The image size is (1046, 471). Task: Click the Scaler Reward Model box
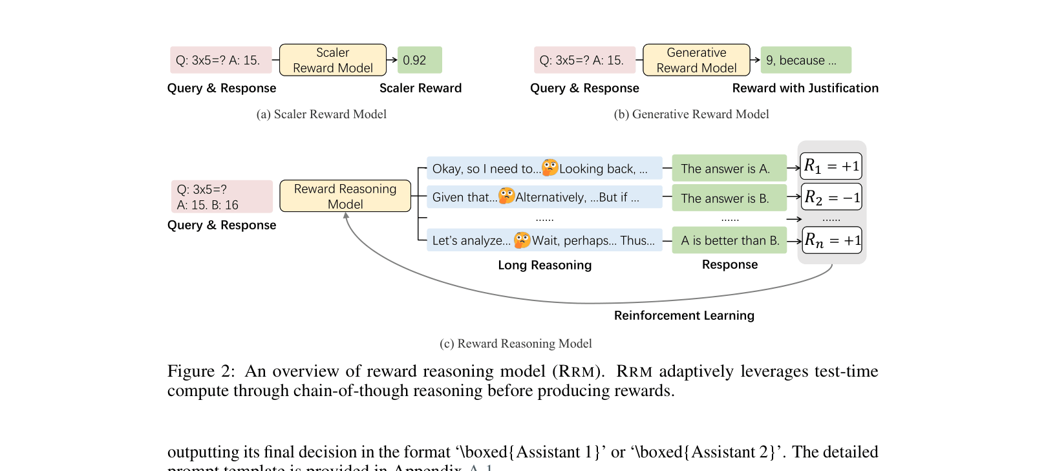[x=332, y=60]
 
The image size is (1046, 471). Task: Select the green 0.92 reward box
[x=420, y=60]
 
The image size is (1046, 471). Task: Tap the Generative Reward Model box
[x=696, y=60]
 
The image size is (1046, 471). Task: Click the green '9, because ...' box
[x=806, y=60]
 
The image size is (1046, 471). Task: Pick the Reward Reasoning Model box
[x=345, y=196]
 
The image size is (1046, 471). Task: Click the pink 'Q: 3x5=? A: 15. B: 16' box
[x=221, y=196]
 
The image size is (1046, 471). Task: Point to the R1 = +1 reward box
[x=831, y=166]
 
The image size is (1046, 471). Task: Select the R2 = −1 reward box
[x=831, y=197]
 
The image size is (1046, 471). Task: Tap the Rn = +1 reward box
[x=832, y=240]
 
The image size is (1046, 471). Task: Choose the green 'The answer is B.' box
[x=729, y=198]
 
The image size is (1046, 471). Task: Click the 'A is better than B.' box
[x=729, y=240]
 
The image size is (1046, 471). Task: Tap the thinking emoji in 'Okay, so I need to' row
[x=550, y=167]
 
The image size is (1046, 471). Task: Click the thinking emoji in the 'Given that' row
[x=507, y=196]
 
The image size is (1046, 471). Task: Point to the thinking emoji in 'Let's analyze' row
[x=522, y=240]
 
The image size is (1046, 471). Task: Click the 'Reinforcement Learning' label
[x=684, y=315]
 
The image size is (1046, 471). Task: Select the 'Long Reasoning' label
[x=544, y=265]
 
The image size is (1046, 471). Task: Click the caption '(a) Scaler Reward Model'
[x=321, y=114]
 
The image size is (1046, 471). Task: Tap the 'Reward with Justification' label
[x=805, y=88]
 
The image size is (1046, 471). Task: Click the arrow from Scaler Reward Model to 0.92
[x=392, y=60]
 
